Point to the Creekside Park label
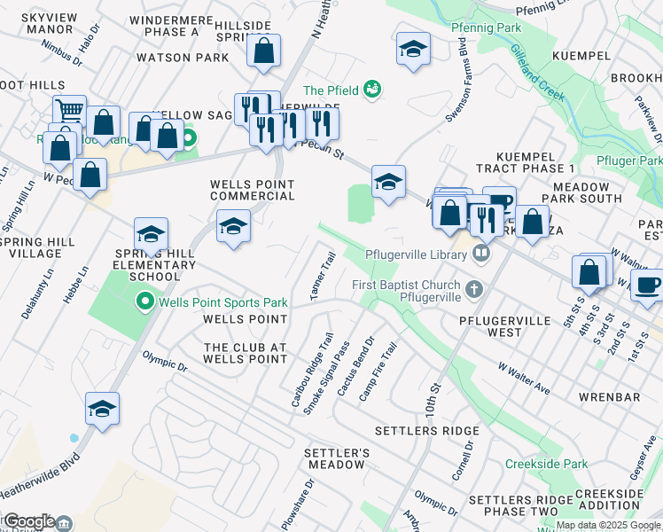point(546,464)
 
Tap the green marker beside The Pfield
point(373,89)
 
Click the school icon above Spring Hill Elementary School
point(151,235)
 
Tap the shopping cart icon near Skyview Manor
point(69,111)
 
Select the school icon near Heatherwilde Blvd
point(103,410)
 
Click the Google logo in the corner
point(28,521)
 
